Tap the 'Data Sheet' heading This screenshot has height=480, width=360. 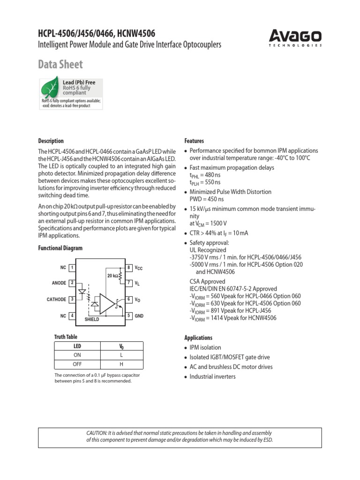coord(60,64)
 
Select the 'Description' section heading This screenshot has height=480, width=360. coord(51,141)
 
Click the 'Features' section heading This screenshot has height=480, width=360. coord(194,141)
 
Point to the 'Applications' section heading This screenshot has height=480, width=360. coord(198,337)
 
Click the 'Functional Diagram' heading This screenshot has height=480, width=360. coord(60,248)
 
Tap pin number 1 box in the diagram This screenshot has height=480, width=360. coord(72,268)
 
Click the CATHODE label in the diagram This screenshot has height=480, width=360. coord(57,299)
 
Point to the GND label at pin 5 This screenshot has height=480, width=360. coord(139,316)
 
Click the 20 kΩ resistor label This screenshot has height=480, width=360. coord(113,276)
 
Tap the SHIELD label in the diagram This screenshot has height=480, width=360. coord(92,319)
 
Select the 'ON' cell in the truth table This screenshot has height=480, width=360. coord(77,355)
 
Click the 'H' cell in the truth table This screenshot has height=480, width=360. coord(121,364)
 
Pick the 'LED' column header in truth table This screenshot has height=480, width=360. coord(77,346)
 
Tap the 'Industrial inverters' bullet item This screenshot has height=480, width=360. coord(212,376)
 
